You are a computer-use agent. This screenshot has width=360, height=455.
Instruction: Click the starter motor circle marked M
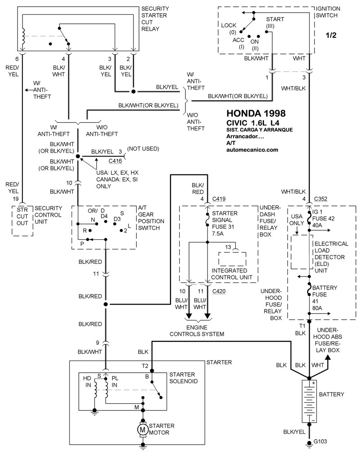click(x=142, y=429)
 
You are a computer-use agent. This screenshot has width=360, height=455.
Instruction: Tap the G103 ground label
click(x=320, y=442)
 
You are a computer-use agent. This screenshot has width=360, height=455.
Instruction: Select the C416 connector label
click(x=115, y=161)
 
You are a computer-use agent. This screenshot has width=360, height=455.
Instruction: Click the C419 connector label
click(x=219, y=199)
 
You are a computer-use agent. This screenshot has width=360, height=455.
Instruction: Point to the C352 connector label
click(x=320, y=199)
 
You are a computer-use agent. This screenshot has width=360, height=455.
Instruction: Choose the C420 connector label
click(x=219, y=291)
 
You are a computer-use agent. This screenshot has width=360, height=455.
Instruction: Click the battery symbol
click(x=309, y=401)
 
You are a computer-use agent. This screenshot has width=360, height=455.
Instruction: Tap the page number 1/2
click(x=331, y=35)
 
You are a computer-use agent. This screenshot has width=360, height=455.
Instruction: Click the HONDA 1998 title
click(x=256, y=113)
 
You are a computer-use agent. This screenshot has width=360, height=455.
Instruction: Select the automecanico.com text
click(x=252, y=150)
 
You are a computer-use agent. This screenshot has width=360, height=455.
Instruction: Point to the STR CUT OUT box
click(x=22, y=221)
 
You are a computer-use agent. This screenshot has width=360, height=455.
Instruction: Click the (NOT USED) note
click(x=143, y=148)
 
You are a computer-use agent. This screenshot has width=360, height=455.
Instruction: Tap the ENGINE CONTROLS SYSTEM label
click(x=197, y=330)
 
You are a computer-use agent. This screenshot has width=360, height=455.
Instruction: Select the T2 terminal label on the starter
click(x=145, y=366)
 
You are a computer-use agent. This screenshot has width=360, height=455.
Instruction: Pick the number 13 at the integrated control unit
click(x=228, y=247)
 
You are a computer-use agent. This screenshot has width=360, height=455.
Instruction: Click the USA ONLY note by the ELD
click(x=297, y=220)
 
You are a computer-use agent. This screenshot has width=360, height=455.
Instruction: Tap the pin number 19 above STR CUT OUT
click(x=16, y=199)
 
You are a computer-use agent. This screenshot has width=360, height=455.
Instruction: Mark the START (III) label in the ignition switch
click(x=274, y=22)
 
